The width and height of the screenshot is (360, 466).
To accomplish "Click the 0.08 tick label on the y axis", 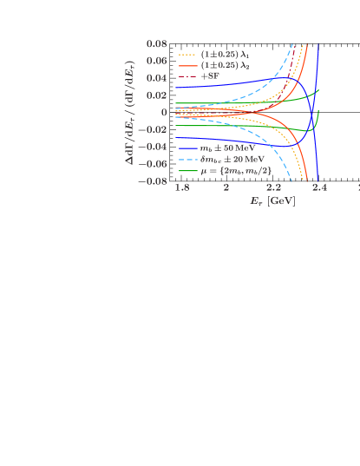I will point(157,43).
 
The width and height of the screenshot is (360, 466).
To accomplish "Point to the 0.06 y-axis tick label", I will point(157,61).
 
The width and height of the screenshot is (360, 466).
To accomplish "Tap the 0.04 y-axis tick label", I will point(157,78).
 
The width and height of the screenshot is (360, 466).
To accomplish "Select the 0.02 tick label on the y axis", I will point(157,95).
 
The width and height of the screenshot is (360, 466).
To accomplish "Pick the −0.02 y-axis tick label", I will point(154,129).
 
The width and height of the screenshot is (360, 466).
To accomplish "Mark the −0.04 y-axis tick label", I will point(154,147).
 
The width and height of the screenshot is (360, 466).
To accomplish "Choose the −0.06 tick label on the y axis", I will point(154,164).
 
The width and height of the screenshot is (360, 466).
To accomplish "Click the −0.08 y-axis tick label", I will point(154,181).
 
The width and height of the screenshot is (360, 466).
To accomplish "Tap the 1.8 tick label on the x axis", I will point(181,188).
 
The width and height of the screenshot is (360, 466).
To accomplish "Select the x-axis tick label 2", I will point(226,188).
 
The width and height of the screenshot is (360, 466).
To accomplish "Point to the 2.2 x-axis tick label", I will point(273,188).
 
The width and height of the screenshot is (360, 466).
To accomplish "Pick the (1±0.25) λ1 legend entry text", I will point(219,54).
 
